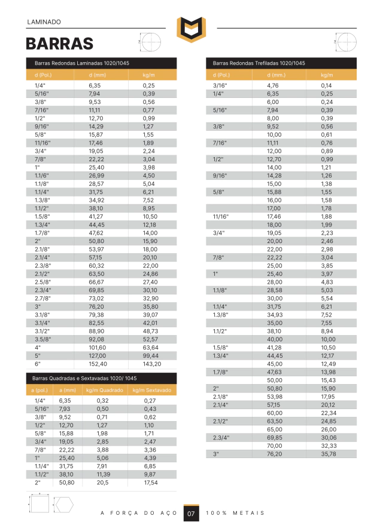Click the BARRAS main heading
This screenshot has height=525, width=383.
coord(59,44)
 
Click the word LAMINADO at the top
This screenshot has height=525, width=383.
coord(44,22)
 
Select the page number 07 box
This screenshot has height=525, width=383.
coord(191,514)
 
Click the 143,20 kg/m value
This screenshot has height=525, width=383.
coord(153,363)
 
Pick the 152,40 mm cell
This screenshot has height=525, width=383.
coord(98,363)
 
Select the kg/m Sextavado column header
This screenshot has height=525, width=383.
coord(152,390)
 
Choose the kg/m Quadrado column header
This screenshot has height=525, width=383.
coord(105,390)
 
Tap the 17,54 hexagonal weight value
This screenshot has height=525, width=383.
coord(150,483)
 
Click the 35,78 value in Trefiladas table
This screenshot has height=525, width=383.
coord(327,454)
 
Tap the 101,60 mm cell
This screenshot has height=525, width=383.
coord(98,347)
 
